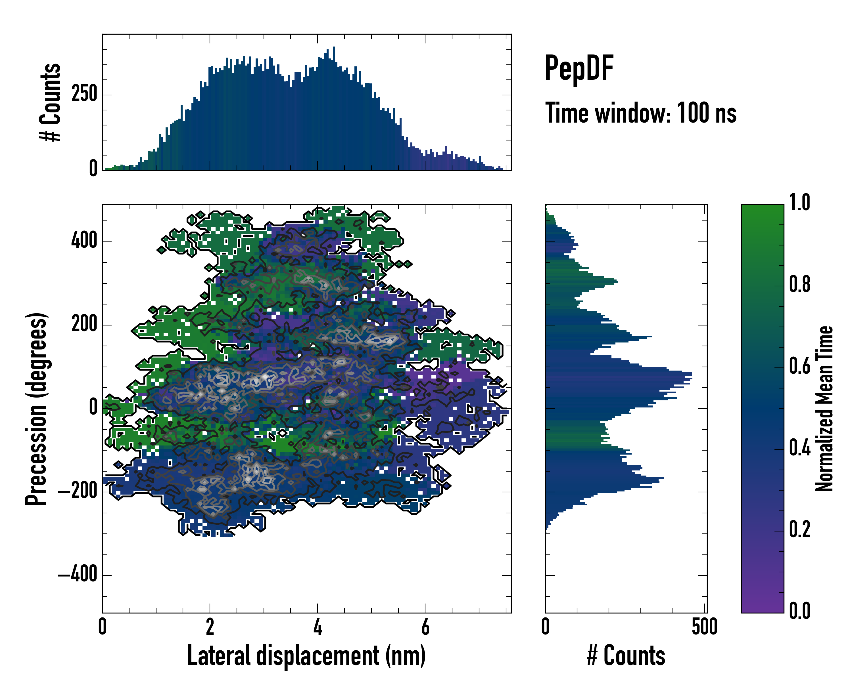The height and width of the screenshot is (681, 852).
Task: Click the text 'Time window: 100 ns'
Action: pos(641,113)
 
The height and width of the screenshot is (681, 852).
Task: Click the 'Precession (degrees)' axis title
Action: pos(36,409)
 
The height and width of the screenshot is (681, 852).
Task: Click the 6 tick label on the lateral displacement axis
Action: pos(425,627)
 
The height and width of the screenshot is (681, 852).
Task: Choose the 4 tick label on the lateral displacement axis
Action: pos(317,627)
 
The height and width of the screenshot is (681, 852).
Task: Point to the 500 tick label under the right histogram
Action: pos(705,627)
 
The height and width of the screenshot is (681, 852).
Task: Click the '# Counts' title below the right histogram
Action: pos(626,656)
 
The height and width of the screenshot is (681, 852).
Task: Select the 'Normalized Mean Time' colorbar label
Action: pos(824,409)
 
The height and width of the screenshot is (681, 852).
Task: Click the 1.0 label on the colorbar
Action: pos(799,203)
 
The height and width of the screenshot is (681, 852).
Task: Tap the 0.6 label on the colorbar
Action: pos(799,366)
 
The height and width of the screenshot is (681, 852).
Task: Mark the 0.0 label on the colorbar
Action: pos(799,611)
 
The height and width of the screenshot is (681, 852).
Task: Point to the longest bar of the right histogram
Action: pos(619,373)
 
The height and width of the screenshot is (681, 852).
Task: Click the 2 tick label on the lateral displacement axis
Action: pos(210,627)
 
